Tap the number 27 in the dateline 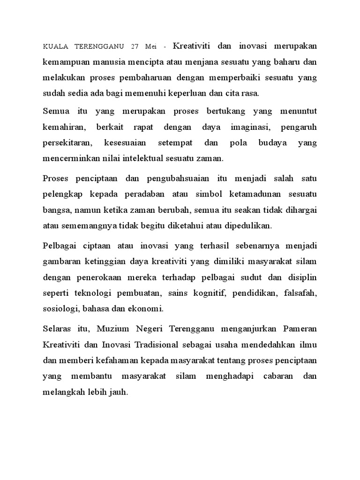[136, 47]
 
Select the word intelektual [148, 158]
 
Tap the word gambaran [62, 261]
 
